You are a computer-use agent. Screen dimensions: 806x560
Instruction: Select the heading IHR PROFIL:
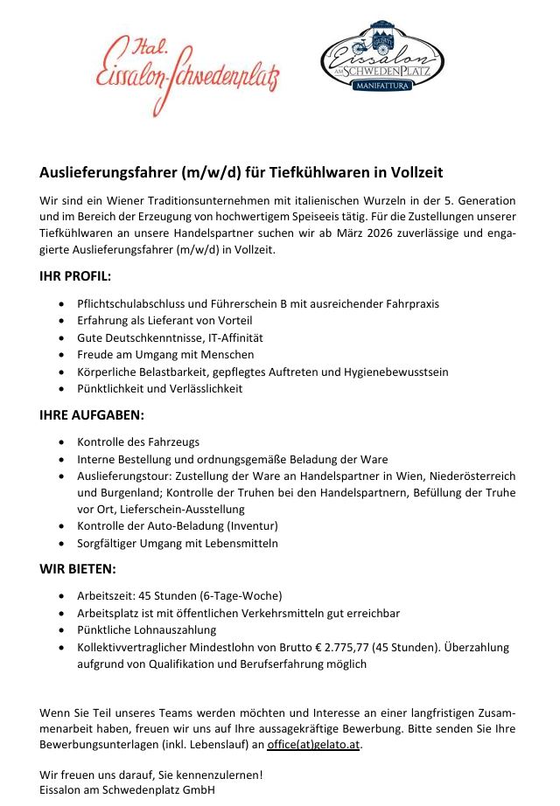pyautogui.click(x=75, y=276)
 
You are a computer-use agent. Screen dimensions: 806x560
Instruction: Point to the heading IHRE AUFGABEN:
pyautogui.click(x=92, y=414)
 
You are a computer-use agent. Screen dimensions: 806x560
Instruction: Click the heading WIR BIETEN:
pyautogui.click(x=77, y=569)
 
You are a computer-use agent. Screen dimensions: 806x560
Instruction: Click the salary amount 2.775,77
pyautogui.click(x=343, y=647)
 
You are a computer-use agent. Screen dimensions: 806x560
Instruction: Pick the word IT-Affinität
pyautogui.click(x=232, y=337)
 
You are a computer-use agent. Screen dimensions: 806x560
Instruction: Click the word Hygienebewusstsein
pyautogui.click(x=397, y=372)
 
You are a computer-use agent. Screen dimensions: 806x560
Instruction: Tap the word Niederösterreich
pyautogui.click(x=472, y=476)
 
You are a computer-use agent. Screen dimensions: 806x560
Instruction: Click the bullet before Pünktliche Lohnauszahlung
pyautogui.click(x=59, y=630)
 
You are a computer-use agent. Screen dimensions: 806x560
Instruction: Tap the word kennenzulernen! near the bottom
pyautogui.click(x=219, y=774)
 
